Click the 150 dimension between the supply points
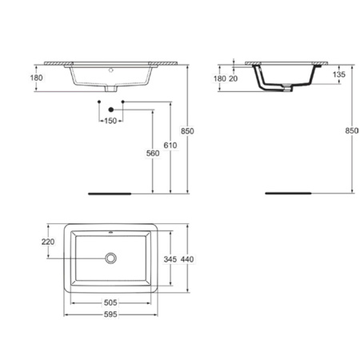110,120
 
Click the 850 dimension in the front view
187,130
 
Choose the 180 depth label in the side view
218,78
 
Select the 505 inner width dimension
110,302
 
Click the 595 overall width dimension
110,315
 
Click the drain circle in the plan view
110,258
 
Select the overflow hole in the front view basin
110,70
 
